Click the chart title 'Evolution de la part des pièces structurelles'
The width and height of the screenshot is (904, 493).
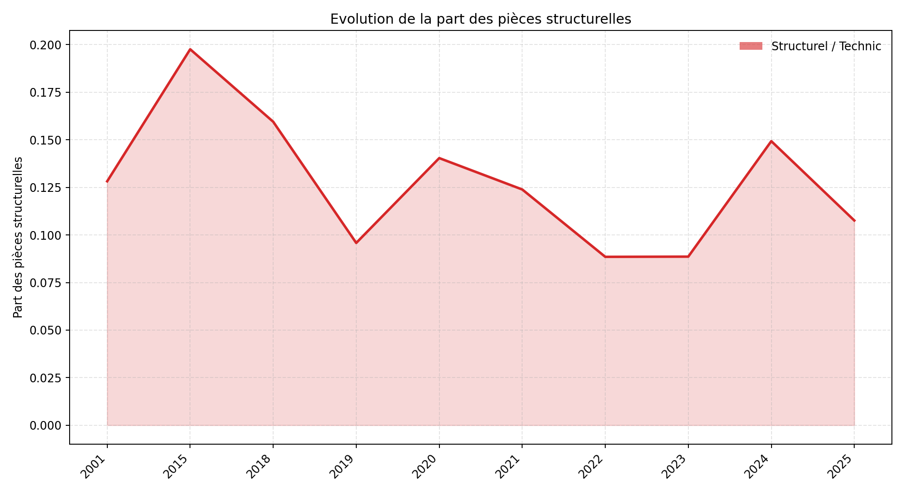[x=481, y=19]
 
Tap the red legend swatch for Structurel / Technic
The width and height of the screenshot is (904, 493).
[x=750, y=46]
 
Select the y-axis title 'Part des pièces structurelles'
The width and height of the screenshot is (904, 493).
[x=18, y=237]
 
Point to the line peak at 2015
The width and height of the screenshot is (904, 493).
[x=190, y=49]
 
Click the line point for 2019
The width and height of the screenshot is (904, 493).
[x=356, y=243]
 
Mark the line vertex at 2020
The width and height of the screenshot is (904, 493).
[x=439, y=158]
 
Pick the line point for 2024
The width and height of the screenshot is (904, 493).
[x=771, y=141]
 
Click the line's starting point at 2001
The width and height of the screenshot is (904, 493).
[x=107, y=182]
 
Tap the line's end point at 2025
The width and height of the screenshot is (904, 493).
[x=854, y=221]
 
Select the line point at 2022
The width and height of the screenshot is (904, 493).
[x=605, y=257]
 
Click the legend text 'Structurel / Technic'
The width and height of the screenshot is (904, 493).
[x=826, y=46]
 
